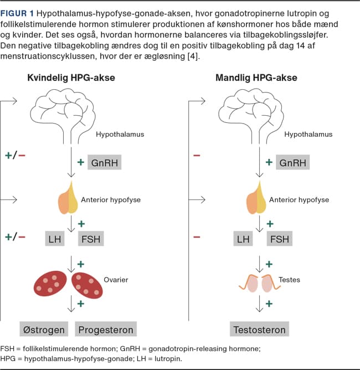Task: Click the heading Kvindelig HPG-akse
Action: point(71,78)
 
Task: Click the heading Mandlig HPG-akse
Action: point(256,78)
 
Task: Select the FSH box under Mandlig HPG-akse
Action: point(279,239)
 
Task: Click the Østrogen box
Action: point(44,330)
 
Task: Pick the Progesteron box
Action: point(106,330)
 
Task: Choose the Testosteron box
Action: point(259,330)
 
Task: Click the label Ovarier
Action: point(116,280)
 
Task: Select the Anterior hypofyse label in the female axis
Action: point(110,200)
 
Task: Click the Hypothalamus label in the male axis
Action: point(308,134)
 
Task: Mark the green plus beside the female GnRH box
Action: point(81,162)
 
